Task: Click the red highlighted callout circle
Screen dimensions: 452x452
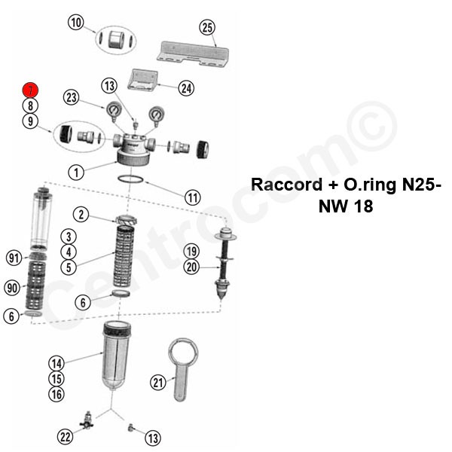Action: (29, 90)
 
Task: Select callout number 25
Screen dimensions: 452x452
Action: (207, 28)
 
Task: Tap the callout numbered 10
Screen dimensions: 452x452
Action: (76, 23)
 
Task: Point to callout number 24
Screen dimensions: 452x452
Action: (186, 87)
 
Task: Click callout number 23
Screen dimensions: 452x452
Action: (72, 97)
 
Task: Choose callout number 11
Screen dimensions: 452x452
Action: (193, 198)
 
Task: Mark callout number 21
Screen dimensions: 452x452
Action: (157, 383)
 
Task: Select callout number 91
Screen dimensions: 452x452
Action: (13, 258)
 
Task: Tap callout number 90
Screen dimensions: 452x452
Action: (13, 287)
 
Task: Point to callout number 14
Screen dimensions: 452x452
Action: (56, 363)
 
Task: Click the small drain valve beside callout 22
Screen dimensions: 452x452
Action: (88, 419)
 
